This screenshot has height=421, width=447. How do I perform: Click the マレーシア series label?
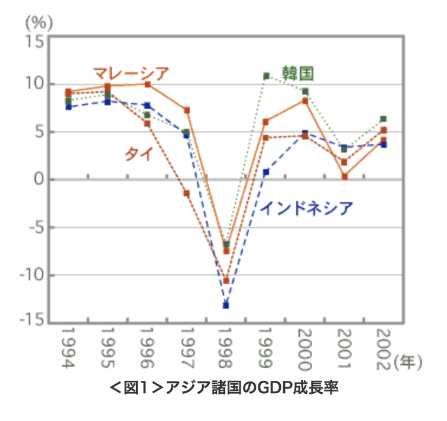131,73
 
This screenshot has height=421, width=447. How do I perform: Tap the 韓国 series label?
297,73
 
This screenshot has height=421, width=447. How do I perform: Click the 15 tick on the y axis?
33,41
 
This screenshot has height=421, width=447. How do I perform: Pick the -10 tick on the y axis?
31,276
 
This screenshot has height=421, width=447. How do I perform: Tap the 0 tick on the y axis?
38,179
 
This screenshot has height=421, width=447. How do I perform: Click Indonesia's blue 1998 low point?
226,305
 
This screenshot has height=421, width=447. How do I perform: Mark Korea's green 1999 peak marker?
266,76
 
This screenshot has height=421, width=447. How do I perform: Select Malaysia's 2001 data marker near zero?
344,176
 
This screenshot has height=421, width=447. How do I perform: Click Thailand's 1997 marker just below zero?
186,193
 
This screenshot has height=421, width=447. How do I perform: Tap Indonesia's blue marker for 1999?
266,172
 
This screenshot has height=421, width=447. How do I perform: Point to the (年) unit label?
408,362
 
